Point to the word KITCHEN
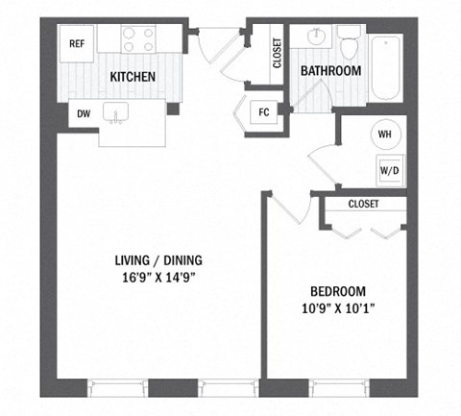click(133, 77)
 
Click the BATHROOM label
click(330, 71)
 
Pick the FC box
click(262, 111)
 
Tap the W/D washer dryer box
click(389, 170)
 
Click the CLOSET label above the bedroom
click(363, 204)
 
